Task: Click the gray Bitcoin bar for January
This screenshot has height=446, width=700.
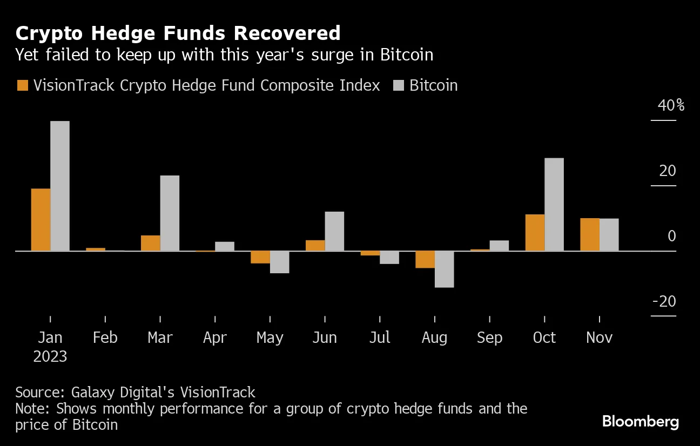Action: (x=60, y=186)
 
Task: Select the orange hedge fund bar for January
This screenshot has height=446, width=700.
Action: (x=41, y=220)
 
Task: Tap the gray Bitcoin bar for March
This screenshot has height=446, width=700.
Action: (x=170, y=213)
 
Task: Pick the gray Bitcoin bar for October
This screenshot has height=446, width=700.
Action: (x=554, y=204)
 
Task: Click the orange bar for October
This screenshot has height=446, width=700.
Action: (x=535, y=233)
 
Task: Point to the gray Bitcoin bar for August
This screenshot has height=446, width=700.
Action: (x=444, y=269)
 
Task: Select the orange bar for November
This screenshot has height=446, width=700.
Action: (x=590, y=234)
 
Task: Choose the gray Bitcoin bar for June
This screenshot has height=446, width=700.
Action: (x=334, y=231)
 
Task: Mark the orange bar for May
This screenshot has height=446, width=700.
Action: (x=260, y=257)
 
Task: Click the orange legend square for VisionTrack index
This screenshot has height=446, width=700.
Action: (x=23, y=86)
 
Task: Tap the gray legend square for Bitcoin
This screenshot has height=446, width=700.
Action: (x=399, y=86)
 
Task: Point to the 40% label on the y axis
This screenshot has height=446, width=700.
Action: (x=670, y=105)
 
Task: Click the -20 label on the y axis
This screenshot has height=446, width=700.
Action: (x=664, y=301)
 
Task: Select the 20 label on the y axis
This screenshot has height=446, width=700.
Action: (x=668, y=171)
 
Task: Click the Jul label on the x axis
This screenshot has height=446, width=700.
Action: (x=380, y=337)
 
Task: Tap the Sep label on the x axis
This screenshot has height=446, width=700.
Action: (x=489, y=337)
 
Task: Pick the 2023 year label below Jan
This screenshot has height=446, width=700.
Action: (x=50, y=356)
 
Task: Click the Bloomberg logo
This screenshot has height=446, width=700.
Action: (x=641, y=422)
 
